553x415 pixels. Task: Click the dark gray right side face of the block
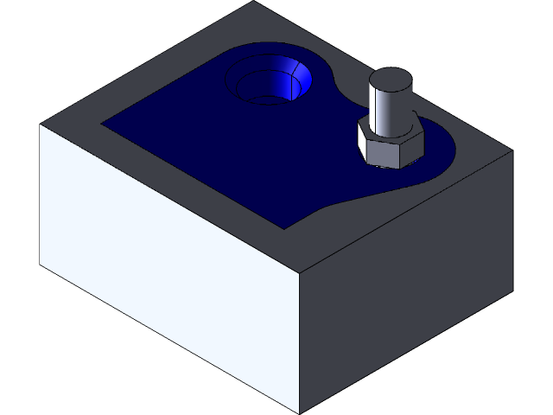pyautogui.click(x=406, y=285)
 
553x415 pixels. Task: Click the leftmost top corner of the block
pyautogui.click(x=41, y=124)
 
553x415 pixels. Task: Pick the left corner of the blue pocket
pyautogui.click(x=104, y=122)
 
